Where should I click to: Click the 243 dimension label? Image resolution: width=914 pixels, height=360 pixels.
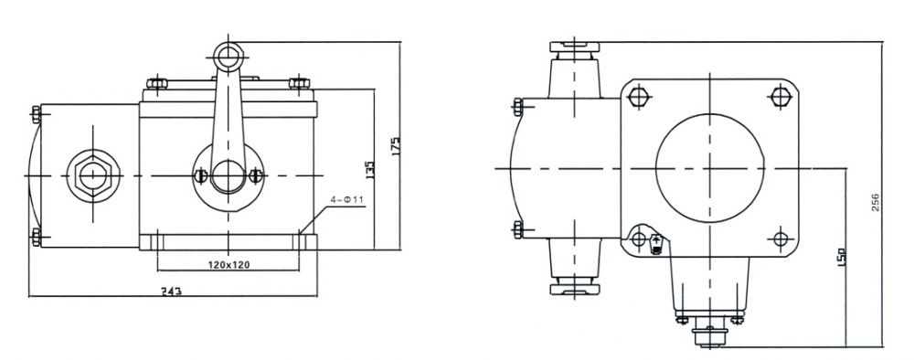[173, 291]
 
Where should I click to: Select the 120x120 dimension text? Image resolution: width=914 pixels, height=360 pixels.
[228, 264]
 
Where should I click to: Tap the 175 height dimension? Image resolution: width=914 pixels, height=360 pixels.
[396, 146]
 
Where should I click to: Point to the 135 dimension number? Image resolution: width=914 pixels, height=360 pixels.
[370, 169]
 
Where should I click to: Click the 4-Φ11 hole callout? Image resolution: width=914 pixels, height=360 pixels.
[346, 200]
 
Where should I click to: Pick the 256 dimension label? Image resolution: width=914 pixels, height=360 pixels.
[876, 202]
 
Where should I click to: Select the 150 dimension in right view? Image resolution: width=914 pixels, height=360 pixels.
[841, 257]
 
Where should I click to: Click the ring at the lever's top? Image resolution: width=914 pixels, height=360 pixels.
[228, 57]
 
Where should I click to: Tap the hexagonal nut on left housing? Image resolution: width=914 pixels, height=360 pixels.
[93, 175]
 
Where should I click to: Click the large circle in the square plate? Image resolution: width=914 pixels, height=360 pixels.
[709, 168]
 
